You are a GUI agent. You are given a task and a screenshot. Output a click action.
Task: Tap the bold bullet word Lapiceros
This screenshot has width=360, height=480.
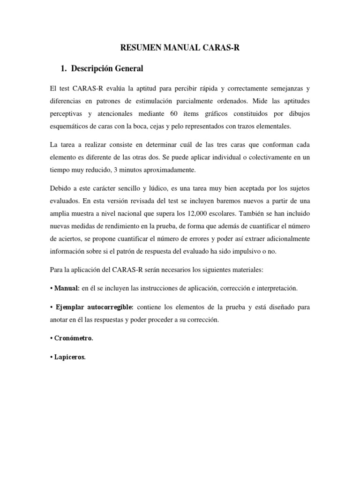pyautogui.click(x=71, y=357)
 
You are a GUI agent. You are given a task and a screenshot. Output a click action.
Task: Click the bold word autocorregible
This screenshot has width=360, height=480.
pyautogui.click(x=111, y=307)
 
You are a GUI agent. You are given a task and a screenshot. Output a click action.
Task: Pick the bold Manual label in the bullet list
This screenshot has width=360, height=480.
pyautogui.click(x=66, y=288)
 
